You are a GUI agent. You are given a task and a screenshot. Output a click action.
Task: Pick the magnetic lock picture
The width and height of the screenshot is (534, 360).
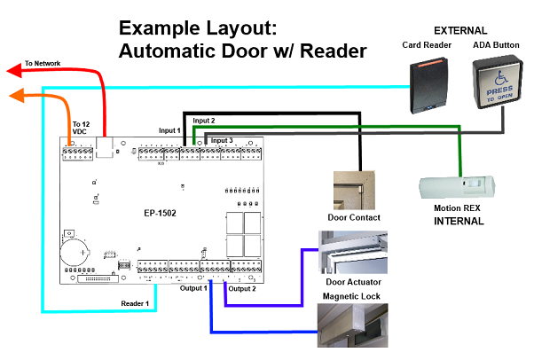(x=353, y=325)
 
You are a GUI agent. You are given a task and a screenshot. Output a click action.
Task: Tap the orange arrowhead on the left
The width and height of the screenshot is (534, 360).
(x=12, y=96)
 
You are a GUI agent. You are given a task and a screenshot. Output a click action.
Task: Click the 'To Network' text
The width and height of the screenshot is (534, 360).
(x=43, y=64)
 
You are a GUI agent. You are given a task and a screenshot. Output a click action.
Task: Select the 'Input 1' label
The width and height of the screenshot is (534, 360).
(x=169, y=131)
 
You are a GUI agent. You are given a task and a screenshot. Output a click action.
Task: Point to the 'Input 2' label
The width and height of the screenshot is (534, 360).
(x=204, y=120)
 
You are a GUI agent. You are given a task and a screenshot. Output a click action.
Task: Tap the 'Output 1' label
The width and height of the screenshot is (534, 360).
(x=192, y=288)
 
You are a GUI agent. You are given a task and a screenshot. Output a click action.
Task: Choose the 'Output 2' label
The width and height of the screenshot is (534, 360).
(x=241, y=288)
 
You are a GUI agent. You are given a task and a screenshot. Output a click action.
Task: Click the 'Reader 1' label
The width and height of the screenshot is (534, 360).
(x=135, y=303)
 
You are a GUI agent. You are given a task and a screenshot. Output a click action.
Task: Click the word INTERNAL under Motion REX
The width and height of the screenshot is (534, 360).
(x=458, y=221)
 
